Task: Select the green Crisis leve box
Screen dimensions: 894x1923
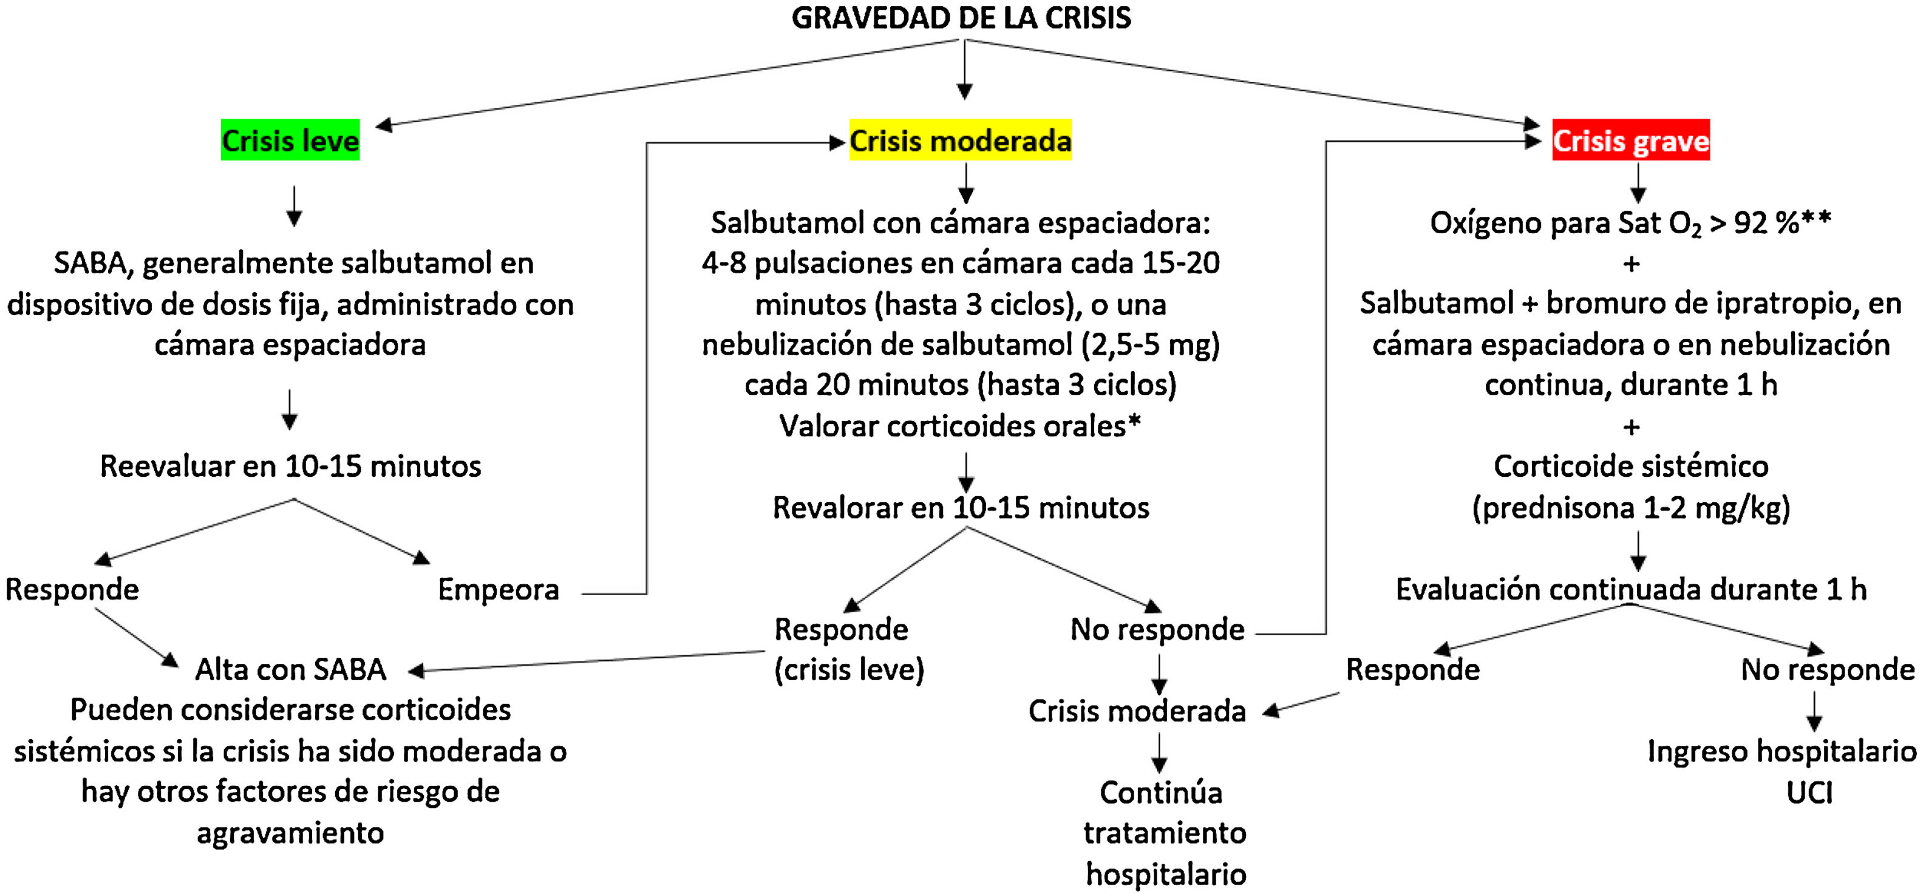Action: pyautogui.click(x=290, y=140)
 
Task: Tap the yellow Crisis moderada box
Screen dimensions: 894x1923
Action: pyautogui.click(x=960, y=140)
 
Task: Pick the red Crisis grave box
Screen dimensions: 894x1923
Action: pyautogui.click(x=1630, y=140)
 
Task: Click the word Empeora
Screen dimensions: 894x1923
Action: pyautogui.click(x=498, y=590)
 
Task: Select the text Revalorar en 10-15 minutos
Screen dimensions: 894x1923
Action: pyautogui.click(x=961, y=508)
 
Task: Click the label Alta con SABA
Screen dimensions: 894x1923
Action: pyautogui.click(x=290, y=670)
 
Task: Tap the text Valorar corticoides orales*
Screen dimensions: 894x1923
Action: pyautogui.click(x=960, y=426)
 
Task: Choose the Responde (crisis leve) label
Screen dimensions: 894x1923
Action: pyautogui.click(x=848, y=650)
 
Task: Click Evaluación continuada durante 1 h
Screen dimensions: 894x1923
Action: pyautogui.click(x=1630, y=590)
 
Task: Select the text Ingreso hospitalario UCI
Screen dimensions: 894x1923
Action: pyautogui.click(x=1781, y=771)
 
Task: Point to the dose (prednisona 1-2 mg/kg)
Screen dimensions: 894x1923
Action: pyautogui.click(x=1630, y=508)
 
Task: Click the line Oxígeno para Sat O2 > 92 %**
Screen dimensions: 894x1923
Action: pyautogui.click(x=1630, y=222)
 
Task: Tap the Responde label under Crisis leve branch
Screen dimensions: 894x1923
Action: pyautogui.click(x=72, y=590)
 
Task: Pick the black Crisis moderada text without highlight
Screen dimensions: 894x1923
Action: pyautogui.click(x=1136, y=711)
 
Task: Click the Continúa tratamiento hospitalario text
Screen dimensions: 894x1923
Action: pyautogui.click(x=1165, y=833)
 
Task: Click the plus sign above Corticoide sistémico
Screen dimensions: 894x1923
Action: pyautogui.click(x=1631, y=427)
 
